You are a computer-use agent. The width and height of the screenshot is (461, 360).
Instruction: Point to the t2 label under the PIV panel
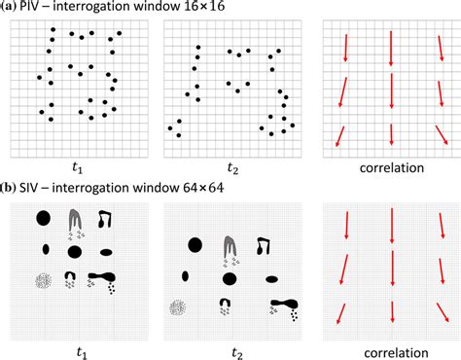(x=231, y=167)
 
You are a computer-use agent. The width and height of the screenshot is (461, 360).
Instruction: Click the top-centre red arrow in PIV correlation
(x=391, y=48)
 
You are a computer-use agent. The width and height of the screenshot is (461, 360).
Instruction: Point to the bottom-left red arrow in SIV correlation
(x=341, y=315)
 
